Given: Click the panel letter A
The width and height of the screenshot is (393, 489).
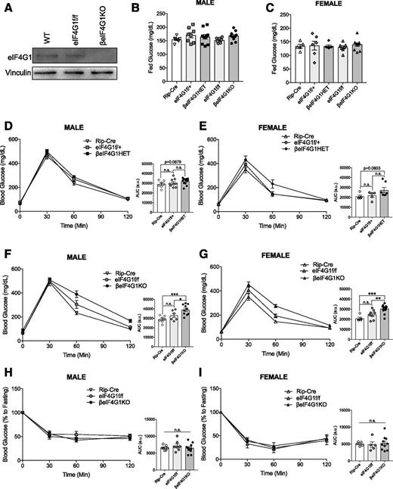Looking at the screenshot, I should click(x=7, y=7).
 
